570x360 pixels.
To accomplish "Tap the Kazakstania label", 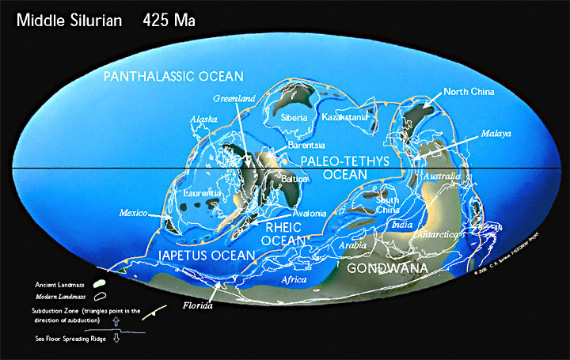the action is coord(344,117).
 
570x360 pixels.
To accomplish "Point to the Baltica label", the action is coord(294,180).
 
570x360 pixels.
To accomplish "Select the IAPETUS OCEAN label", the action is coord(206,256).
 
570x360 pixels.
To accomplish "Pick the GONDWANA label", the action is coord(388,269).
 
